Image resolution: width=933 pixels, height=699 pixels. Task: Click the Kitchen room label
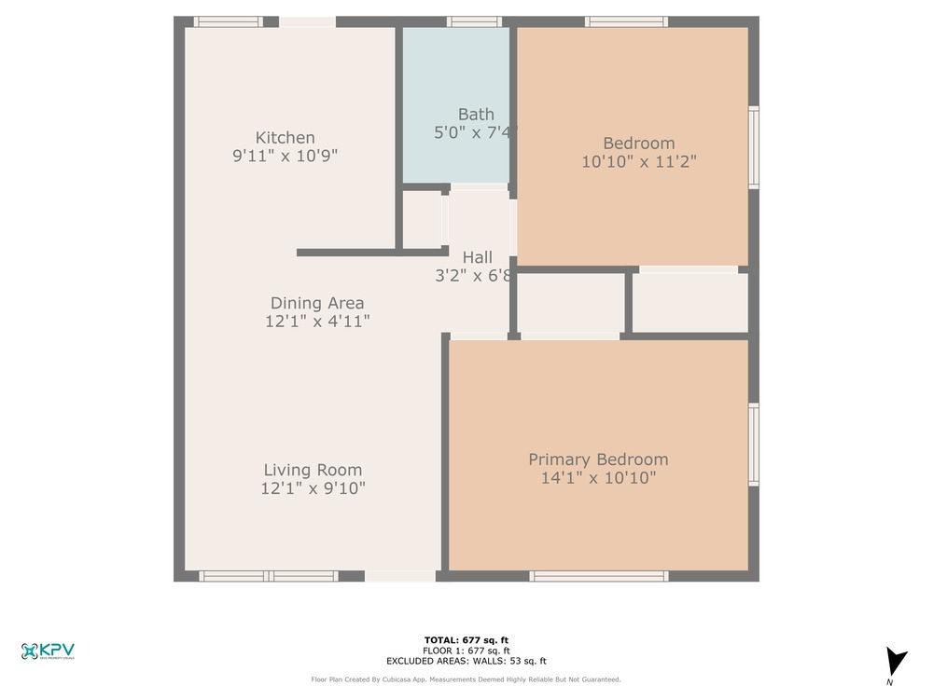pyautogui.click(x=285, y=138)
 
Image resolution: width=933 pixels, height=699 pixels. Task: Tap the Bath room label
pyautogui.click(x=476, y=115)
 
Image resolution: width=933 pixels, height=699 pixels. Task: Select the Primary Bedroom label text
pyautogui.click(x=598, y=459)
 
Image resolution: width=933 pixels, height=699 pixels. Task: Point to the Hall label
pyautogui.click(x=477, y=257)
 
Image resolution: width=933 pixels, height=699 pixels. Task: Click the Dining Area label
pyautogui.click(x=317, y=303)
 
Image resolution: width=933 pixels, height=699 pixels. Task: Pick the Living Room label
pyautogui.click(x=313, y=470)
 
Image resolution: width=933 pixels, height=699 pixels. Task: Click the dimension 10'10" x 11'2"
pyautogui.click(x=639, y=160)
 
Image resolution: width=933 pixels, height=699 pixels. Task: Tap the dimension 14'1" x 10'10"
pyautogui.click(x=598, y=478)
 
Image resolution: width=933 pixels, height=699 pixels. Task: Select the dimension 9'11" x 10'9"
pyautogui.click(x=285, y=157)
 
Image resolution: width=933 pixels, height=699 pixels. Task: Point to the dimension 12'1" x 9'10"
pyautogui.click(x=313, y=487)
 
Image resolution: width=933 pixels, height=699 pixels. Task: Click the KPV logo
pyautogui.click(x=48, y=651)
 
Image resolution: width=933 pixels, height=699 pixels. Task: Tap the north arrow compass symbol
pyautogui.click(x=896, y=663)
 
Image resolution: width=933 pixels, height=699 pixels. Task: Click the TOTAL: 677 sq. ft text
pyautogui.click(x=466, y=639)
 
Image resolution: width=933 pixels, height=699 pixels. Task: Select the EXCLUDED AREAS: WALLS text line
pyautogui.click(x=466, y=660)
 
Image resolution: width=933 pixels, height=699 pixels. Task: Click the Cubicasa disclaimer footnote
pyautogui.click(x=466, y=679)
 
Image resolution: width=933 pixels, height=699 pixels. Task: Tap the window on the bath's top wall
pyautogui.click(x=474, y=21)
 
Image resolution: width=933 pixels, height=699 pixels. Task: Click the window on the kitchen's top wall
pyautogui.click(x=228, y=21)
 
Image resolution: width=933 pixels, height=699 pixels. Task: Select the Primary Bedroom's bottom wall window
pyautogui.click(x=599, y=576)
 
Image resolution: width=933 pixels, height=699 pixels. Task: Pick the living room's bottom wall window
pyautogui.click(x=270, y=576)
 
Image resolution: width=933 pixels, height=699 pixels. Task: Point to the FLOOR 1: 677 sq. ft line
pyautogui.click(x=466, y=650)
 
